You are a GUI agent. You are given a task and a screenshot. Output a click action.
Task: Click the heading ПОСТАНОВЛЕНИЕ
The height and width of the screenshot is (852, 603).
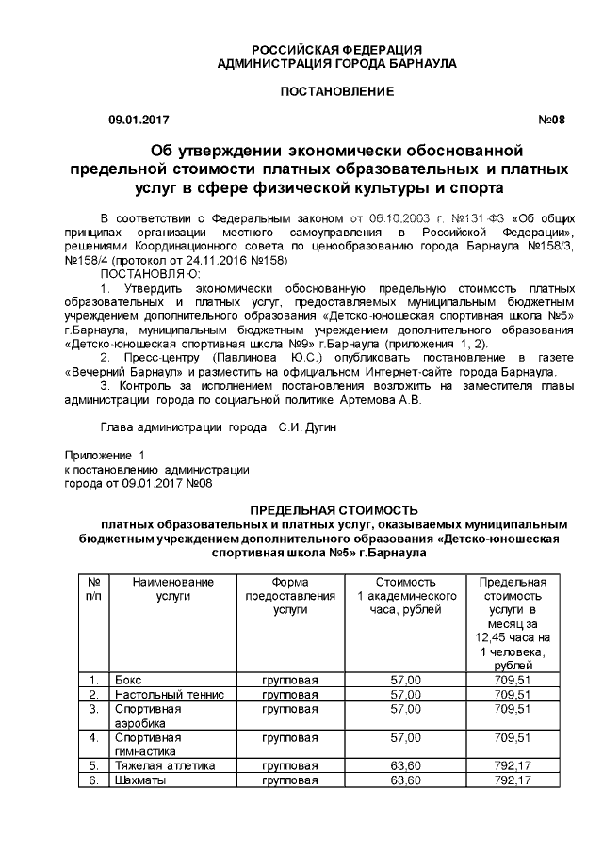tap(336, 90)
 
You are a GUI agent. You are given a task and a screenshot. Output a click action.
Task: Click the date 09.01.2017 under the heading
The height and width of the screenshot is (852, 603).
tap(139, 120)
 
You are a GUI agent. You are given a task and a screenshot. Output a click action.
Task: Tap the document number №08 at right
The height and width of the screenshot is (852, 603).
tap(551, 120)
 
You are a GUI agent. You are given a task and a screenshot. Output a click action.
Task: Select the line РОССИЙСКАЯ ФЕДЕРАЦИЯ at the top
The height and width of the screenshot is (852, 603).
tap(336, 50)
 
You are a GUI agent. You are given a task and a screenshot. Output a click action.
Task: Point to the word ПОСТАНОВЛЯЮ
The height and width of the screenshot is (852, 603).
tap(145, 272)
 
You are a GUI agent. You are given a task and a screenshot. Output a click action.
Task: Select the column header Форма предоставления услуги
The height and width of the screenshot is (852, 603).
tap(290, 596)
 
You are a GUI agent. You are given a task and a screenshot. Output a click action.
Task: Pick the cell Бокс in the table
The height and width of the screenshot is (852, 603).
tap(128, 680)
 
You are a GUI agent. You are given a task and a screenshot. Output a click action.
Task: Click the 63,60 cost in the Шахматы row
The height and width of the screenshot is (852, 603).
tap(405, 780)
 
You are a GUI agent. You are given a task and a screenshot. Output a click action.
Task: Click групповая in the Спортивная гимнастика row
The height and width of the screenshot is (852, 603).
tap(290, 737)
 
